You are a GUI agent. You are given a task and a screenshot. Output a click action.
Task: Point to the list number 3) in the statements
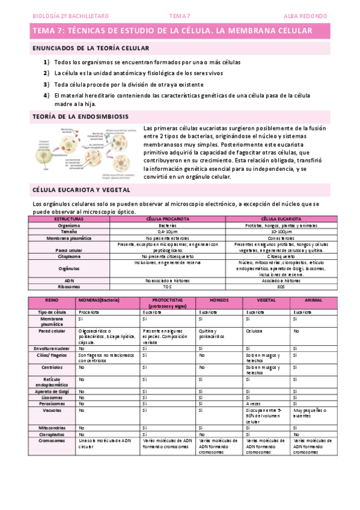click(x=46, y=84)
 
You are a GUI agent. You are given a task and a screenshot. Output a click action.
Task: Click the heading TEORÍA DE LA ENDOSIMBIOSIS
click(x=79, y=116)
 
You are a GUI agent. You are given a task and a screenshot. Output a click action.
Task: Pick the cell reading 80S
click(x=282, y=287)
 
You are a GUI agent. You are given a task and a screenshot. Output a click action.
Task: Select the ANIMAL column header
click(x=313, y=300)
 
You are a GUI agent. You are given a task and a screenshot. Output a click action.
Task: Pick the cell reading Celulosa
click(x=255, y=331)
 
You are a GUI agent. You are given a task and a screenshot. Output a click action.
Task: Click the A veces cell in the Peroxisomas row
click(x=254, y=404)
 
